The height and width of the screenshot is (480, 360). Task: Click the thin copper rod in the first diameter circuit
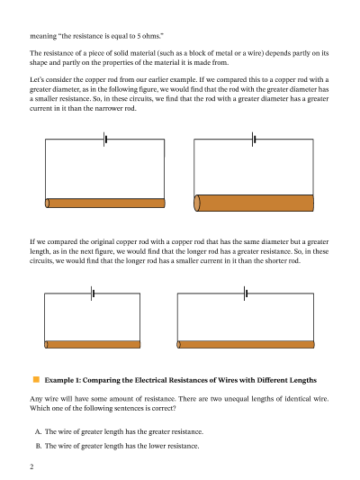105,204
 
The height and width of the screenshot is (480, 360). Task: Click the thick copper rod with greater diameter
254,203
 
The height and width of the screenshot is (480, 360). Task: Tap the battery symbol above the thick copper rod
254,140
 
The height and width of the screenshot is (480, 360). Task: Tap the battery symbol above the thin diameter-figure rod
105,140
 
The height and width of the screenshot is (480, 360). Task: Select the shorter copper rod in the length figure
93,344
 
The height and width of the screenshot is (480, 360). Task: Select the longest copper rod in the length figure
246,344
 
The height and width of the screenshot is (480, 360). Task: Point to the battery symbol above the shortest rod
93,294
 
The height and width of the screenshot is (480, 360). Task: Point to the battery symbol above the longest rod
246,294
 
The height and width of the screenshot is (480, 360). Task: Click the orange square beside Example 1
36,380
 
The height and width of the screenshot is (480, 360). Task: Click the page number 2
31,466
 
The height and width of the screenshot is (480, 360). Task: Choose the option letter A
38,431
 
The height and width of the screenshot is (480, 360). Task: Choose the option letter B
38,446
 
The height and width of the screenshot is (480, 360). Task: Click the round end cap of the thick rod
197,203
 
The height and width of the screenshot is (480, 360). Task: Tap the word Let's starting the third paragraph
37,79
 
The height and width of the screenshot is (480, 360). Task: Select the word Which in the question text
38,408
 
